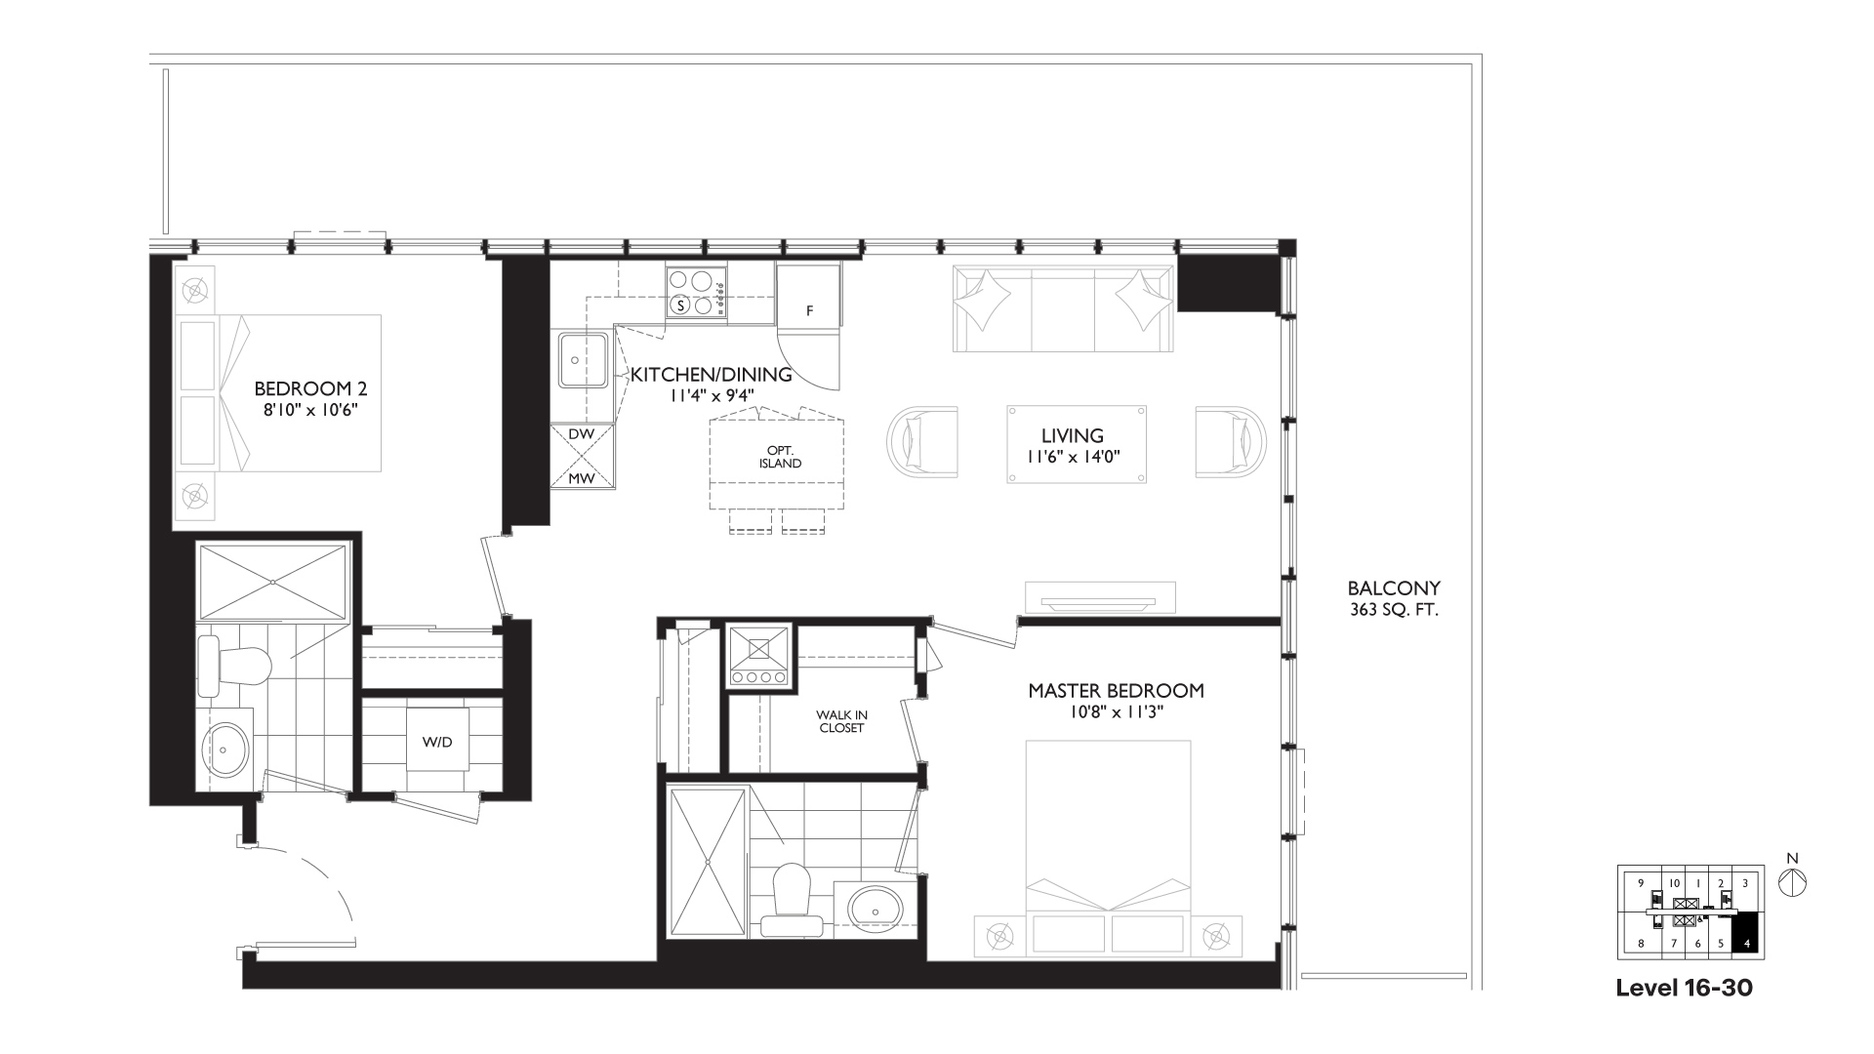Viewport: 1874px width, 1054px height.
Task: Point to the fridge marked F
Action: pos(809,296)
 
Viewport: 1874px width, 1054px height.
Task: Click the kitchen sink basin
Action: pos(584,360)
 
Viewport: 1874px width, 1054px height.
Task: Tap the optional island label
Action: pos(780,457)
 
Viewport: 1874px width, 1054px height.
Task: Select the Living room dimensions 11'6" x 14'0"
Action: pos(1073,456)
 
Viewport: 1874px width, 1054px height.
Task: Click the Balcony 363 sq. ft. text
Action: pos(1394,599)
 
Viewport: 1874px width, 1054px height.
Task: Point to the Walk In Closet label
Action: pos(841,721)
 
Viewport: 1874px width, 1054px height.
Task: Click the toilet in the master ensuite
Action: pos(792,904)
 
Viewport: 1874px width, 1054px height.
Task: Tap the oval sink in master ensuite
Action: pos(876,908)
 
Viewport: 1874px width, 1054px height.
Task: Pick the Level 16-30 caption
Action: pos(1684,988)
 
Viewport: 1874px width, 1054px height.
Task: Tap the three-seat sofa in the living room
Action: pos(1064,308)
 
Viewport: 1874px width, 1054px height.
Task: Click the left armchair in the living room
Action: pos(922,442)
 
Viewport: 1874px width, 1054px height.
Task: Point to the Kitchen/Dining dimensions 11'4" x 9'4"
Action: pos(713,395)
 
